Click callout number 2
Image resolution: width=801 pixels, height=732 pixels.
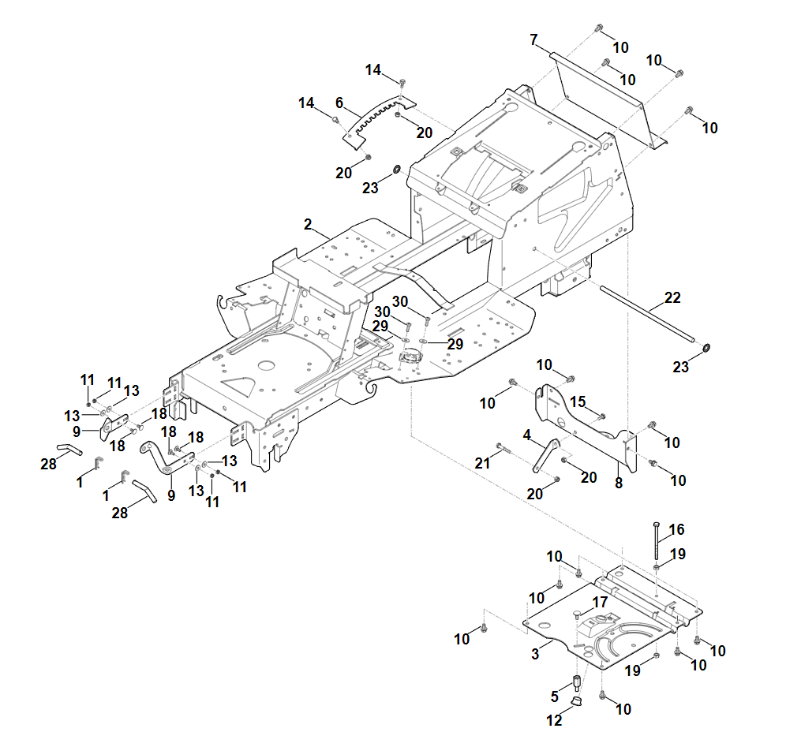tap(308, 225)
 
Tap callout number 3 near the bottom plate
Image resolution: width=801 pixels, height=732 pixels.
tap(535, 653)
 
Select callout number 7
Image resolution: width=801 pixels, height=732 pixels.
tap(534, 39)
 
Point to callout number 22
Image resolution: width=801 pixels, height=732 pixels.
tap(672, 298)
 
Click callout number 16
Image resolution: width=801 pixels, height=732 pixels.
tap(677, 529)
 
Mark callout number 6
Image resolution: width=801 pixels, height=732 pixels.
tap(339, 103)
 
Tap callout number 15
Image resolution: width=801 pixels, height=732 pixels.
tap(578, 402)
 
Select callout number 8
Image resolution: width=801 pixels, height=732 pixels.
tap(619, 484)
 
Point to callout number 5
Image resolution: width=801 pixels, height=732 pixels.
tap(555, 695)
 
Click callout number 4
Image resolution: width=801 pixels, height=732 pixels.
tap(526, 435)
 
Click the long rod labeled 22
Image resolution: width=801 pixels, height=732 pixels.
tap(647, 315)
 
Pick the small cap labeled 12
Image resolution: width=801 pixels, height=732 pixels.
tap(576, 700)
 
